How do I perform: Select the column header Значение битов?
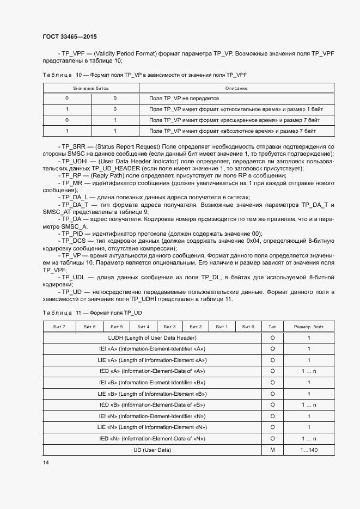91,88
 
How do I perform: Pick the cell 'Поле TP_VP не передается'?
184,99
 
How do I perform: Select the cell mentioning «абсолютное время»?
232,131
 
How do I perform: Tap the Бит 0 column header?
248,327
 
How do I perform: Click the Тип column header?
272,327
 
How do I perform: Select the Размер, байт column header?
309,327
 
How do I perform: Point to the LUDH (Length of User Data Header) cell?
152,338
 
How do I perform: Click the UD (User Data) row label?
152,450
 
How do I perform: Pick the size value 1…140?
309,450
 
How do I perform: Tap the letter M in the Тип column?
272,450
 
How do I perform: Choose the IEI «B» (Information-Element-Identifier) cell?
152,382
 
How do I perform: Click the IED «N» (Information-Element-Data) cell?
152,439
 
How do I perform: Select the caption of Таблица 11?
93,312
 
